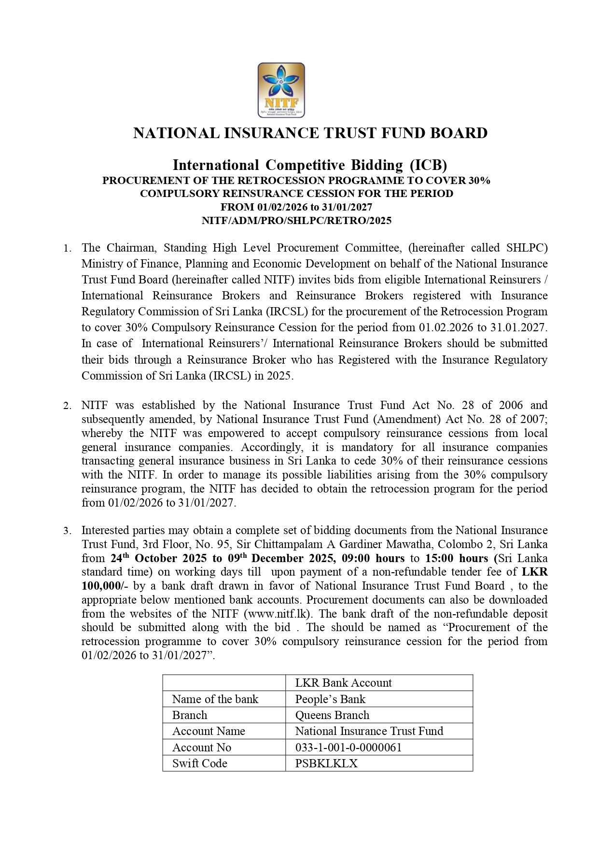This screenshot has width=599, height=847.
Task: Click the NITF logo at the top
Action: pos(281,90)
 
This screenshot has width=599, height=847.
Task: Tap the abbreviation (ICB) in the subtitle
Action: pos(429,165)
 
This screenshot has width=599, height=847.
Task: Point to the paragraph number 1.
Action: pos(68,249)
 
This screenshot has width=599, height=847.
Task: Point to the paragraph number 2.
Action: pos(68,406)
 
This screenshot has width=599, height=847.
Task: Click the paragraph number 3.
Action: pos(68,531)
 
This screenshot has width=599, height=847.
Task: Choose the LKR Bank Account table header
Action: pos(343,683)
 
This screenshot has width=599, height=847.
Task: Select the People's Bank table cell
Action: pos(330,699)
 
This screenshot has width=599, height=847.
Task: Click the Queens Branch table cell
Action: pos(332,715)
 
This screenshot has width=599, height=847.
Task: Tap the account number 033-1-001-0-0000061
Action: pos(348,748)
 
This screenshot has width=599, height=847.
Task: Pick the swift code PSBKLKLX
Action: pos(326,763)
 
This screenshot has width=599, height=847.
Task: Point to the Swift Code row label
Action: pos(199,763)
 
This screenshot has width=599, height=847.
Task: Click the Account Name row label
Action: pos(209,731)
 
